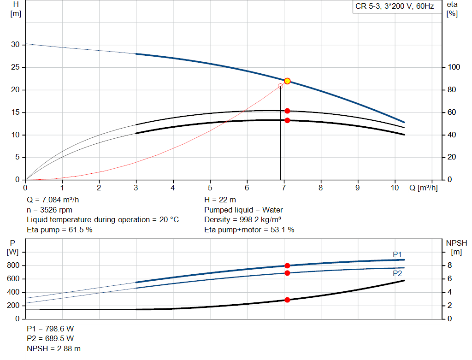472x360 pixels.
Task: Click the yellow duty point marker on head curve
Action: [287, 81]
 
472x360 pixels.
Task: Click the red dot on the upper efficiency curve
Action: [287, 111]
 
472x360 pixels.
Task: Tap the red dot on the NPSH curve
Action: [287, 300]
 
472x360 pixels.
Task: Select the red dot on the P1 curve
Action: [287, 266]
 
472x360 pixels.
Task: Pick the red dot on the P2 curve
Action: [287, 273]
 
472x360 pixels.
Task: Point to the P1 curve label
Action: [397, 254]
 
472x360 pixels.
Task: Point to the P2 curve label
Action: [397, 273]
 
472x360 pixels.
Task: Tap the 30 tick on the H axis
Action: [16, 45]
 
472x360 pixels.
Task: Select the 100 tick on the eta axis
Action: [454, 67]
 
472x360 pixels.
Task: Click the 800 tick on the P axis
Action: [14, 266]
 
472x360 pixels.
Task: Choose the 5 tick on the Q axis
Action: [210, 188]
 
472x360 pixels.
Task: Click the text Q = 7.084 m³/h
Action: [56, 200]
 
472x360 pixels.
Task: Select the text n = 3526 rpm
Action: [50, 210]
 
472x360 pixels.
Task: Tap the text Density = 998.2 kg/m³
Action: [243, 220]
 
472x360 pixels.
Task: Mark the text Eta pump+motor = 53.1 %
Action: [249, 230]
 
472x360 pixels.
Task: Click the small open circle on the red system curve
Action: [280, 86]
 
